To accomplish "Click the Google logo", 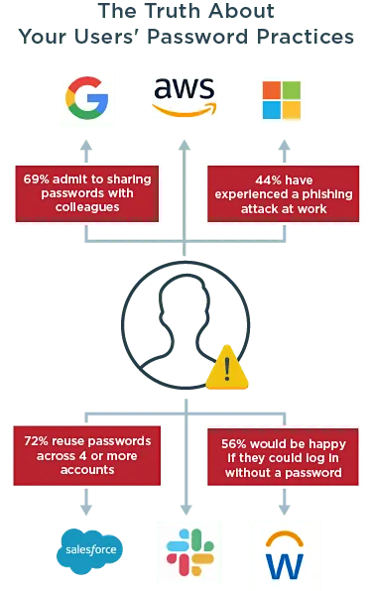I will (x=87, y=98).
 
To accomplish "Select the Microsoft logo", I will (x=284, y=98).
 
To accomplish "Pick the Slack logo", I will (x=186, y=548).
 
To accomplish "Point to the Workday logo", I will (x=284, y=550).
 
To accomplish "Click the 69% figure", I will (x=38, y=179).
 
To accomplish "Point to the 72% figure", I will (x=38, y=439).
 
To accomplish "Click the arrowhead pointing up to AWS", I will (x=185, y=145).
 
